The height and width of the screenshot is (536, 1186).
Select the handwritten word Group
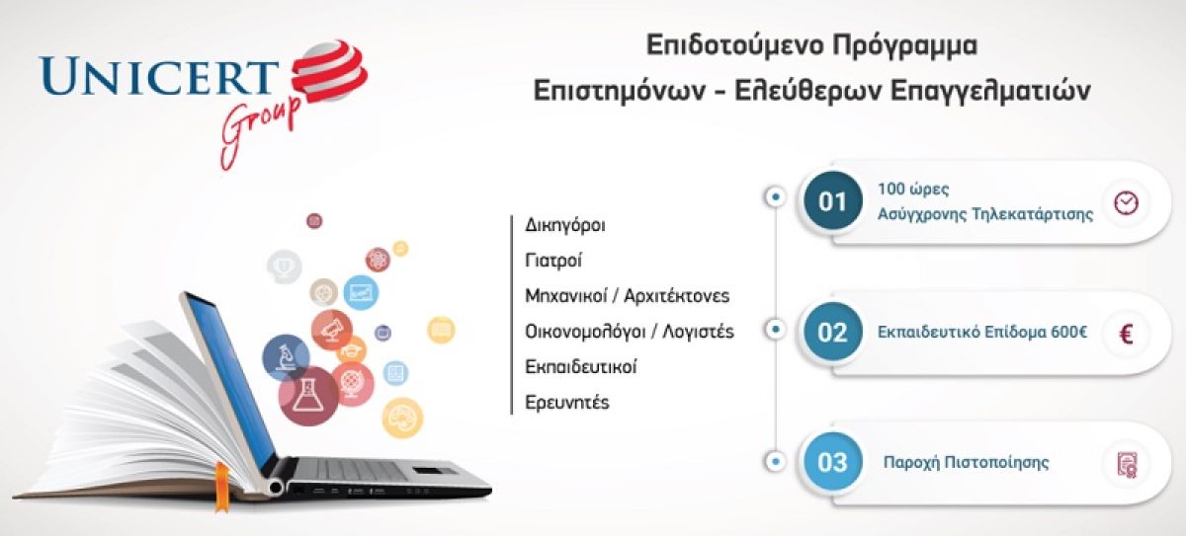[259, 129]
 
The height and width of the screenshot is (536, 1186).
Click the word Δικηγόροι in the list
[565, 225]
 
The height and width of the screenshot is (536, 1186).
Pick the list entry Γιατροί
[553, 260]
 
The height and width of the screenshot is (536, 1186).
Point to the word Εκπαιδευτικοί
[581, 366]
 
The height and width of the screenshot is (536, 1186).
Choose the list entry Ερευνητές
[567, 403]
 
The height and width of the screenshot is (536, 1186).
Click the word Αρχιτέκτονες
[677, 295]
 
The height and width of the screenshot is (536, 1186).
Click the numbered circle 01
[832, 200]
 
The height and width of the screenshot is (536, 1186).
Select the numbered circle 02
[832, 332]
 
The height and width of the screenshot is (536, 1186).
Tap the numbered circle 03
[832, 462]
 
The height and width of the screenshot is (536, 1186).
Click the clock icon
[1126, 202]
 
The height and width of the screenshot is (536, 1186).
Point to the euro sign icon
[1126, 334]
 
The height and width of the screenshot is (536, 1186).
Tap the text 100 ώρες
[913, 189]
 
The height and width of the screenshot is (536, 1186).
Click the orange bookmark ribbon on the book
[221, 487]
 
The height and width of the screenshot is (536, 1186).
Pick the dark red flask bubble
[308, 396]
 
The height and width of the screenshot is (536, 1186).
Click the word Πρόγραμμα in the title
[904, 46]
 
